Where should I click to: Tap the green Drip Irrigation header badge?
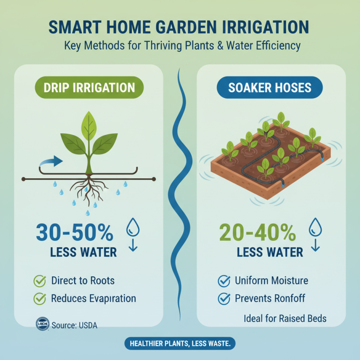coord(89,87)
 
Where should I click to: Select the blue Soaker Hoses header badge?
coord(270,87)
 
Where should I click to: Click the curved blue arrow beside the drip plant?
coord(50,161)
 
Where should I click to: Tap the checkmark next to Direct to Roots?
coord(40,281)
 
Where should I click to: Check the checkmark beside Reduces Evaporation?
coord(40,298)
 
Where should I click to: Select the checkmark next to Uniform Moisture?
coord(224,281)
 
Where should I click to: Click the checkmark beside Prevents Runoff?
coord(224,298)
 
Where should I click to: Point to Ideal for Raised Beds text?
coord(285,319)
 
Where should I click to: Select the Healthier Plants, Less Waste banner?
coord(180,343)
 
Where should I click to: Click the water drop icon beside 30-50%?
coord(134,228)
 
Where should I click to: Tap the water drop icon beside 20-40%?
coord(315,228)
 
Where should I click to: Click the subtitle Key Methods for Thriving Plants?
coord(182,45)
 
